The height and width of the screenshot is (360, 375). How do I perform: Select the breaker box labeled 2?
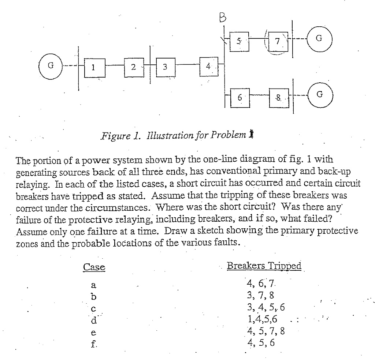click(133, 67)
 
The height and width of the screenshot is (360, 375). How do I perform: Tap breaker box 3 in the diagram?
click(165, 67)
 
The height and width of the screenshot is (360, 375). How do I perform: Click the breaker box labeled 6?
click(240, 98)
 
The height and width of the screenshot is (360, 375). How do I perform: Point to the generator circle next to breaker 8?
click(319, 96)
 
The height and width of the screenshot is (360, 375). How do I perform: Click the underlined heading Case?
click(94, 267)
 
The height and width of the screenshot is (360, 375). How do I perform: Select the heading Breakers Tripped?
click(264, 266)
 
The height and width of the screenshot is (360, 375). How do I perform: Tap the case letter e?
click(94, 333)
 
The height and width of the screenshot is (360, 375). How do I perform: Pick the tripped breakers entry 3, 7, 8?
click(260, 295)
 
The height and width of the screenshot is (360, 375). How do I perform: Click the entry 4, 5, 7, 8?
click(266, 332)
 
